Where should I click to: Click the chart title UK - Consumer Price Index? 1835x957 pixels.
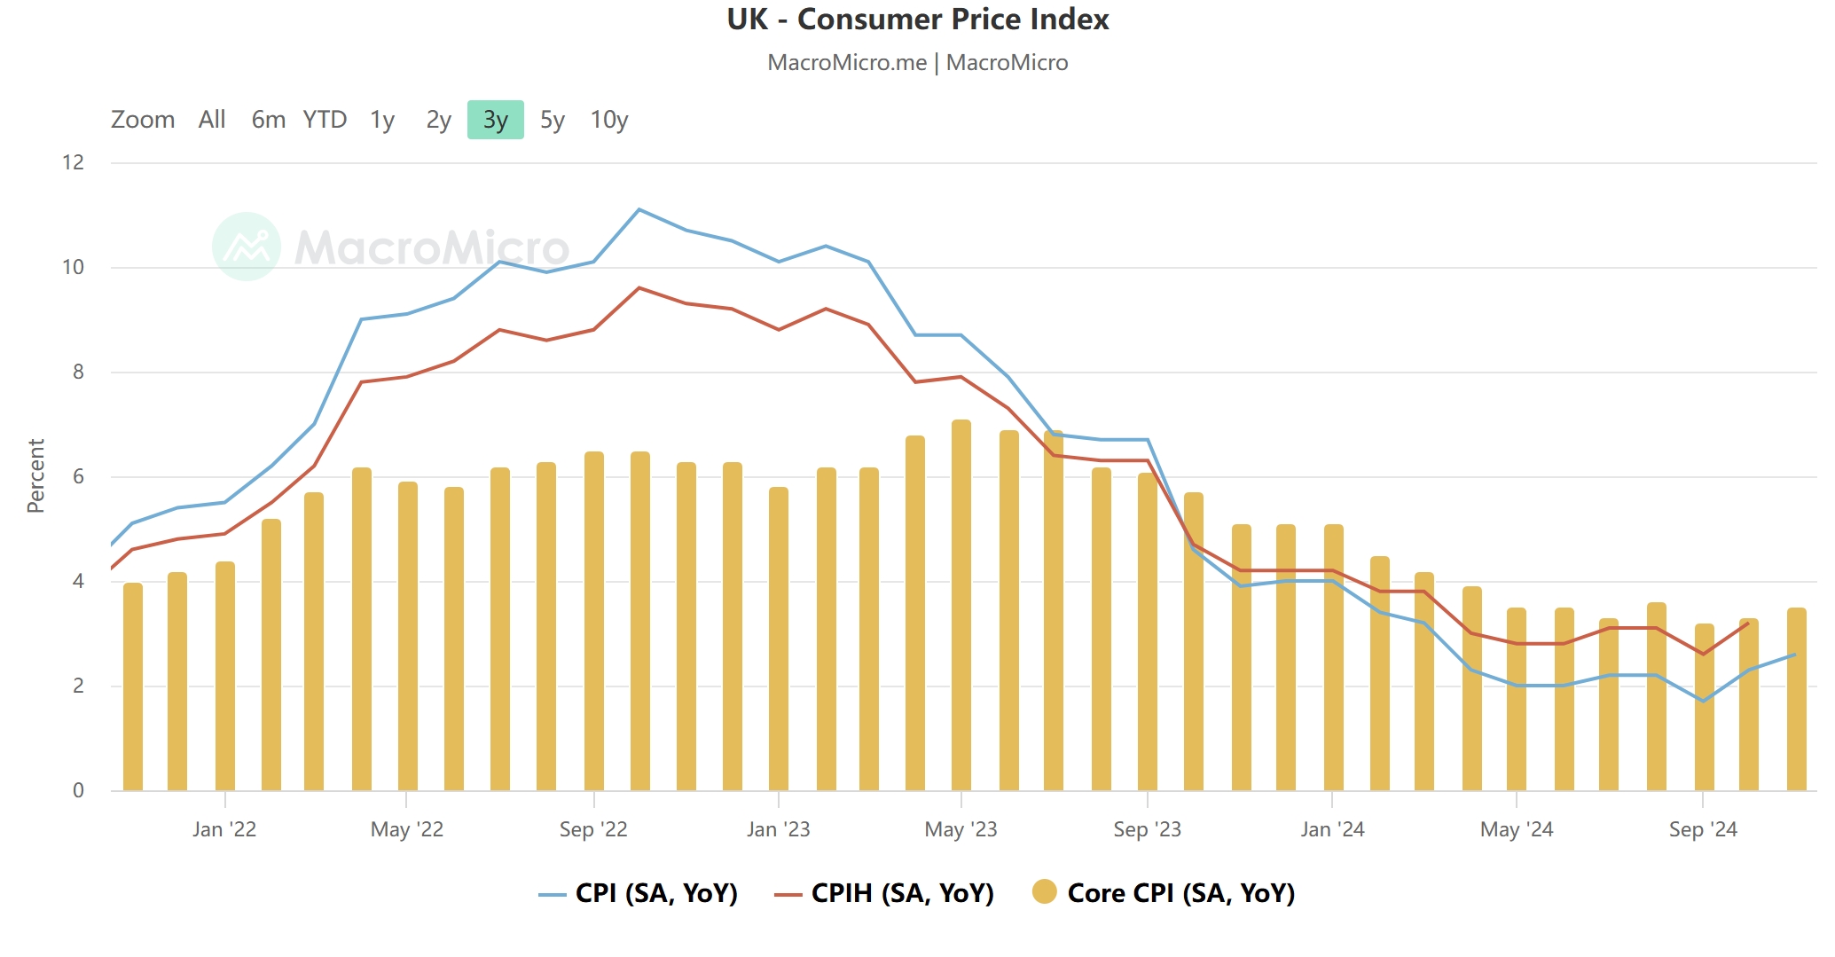[917, 20]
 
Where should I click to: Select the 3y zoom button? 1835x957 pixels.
[495, 120]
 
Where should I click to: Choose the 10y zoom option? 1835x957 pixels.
[608, 120]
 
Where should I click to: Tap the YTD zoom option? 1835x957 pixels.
[325, 120]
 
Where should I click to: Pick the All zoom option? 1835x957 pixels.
[212, 120]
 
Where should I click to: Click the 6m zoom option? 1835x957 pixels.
[268, 120]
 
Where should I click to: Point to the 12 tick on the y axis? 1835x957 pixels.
[74, 162]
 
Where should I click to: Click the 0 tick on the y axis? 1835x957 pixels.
[78, 790]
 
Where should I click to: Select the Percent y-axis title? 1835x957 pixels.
[35, 475]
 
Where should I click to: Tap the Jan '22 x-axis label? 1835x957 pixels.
[224, 829]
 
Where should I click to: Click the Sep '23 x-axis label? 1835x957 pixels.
[1147, 829]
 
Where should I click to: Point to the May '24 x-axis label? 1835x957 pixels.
[1517, 829]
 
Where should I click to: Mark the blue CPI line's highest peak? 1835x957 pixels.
[639, 209]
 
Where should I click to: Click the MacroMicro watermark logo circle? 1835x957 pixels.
[247, 247]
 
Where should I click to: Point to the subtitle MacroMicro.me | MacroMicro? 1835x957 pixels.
[917, 63]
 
